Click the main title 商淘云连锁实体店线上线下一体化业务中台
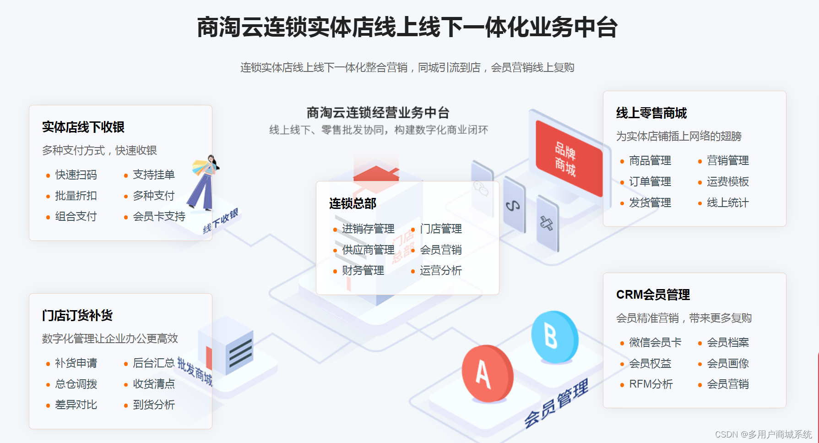point(407,27)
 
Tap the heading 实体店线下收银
point(83,127)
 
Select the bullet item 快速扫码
point(76,175)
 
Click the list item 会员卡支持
point(159,216)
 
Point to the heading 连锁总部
point(353,203)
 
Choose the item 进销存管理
point(368,229)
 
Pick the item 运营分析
point(440,270)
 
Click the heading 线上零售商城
point(651,113)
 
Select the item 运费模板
point(727,181)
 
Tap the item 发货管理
point(650,202)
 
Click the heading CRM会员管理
point(653,295)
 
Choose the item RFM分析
point(651,384)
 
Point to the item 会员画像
point(727,363)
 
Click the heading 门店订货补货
point(77,315)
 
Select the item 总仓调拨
point(76,384)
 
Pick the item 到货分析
point(154,405)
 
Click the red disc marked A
point(487,373)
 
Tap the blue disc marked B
point(554,337)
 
